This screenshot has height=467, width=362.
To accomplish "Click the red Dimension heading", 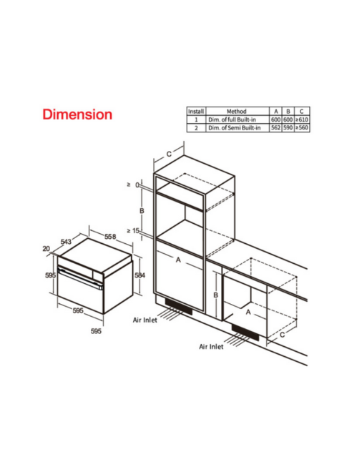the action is [77, 114].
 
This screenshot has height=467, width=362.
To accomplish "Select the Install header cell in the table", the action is [196, 112].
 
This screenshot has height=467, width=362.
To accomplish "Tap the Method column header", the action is [237, 112].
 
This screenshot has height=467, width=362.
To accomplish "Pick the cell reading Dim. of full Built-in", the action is [232, 119].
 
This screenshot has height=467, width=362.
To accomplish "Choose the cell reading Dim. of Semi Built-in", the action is [234, 128].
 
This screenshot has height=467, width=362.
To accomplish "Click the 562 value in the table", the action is [276, 128].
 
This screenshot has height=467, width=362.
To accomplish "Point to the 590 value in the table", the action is [288, 128].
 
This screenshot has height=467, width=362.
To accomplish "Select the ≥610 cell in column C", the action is [302, 119].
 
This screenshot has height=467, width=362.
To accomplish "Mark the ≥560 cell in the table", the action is [302, 128].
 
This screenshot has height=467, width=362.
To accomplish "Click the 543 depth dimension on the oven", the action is [66, 241].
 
